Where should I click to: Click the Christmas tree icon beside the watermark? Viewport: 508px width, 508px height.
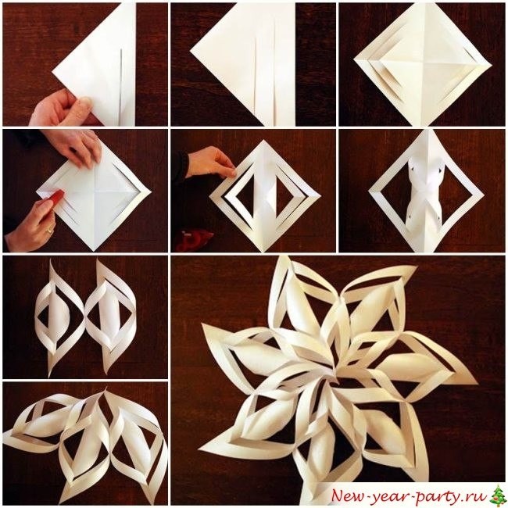click(497, 495)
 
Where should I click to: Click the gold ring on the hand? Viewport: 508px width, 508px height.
click(49, 231)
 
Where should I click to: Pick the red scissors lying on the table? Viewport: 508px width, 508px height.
click(194, 241)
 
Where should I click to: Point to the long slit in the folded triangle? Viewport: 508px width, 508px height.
click(120, 87)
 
